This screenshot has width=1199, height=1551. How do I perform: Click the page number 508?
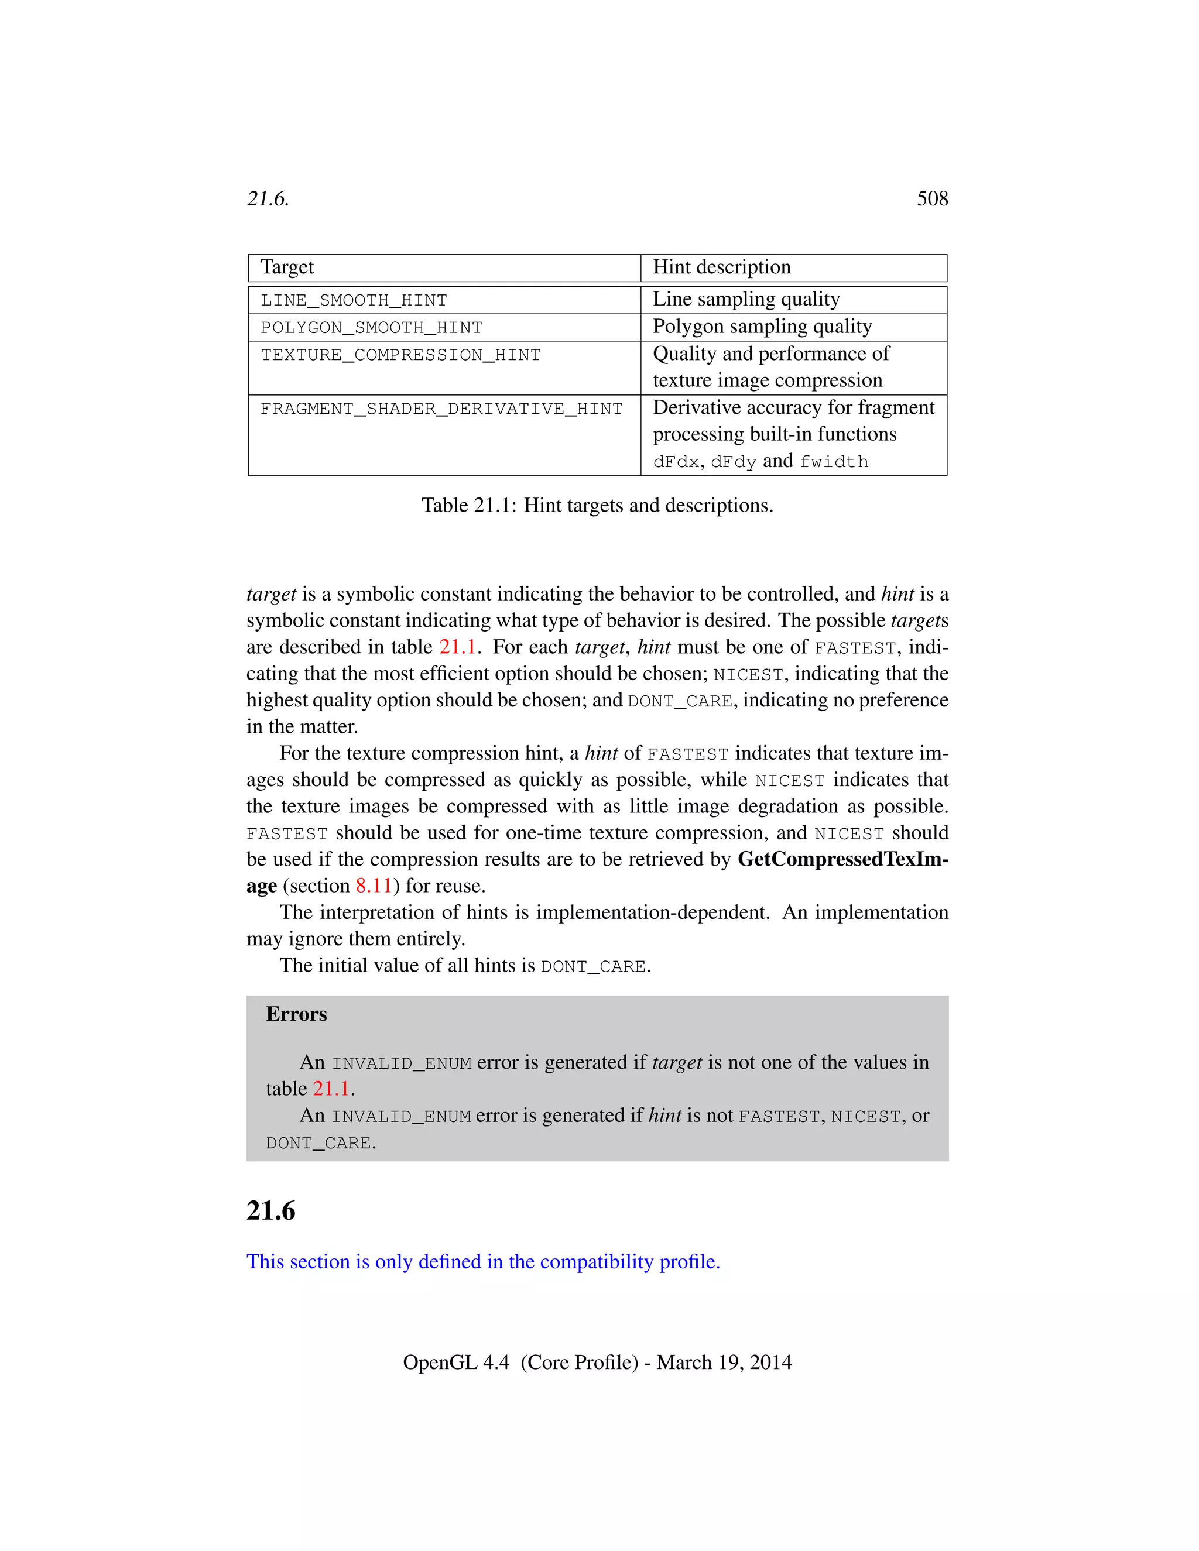[x=932, y=199]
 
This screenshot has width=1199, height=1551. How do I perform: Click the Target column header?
[x=287, y=267]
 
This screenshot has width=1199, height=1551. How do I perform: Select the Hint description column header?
[x=722, y=267]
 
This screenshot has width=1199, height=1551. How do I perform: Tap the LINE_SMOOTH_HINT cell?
[x=354, y=300]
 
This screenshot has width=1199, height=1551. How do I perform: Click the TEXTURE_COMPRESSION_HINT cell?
[x=400, y=355]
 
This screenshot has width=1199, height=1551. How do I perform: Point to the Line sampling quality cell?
[x=746, y=299]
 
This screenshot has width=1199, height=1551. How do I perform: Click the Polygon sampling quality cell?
[x=762, y=327]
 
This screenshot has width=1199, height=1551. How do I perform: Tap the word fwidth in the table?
[x=834, y=462]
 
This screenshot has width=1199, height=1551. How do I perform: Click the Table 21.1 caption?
[x=597, y=505]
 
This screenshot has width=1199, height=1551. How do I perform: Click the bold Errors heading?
[x=296, y=1014]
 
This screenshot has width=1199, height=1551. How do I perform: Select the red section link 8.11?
[x=374, y=886]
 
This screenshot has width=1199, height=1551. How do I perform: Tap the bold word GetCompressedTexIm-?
[x=842, y=859]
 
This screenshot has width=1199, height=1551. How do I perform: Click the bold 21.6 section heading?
[x=270, y=1211]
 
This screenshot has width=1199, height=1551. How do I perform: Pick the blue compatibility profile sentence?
[x=483, y=1262]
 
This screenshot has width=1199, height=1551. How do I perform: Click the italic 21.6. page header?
[x=268, y=199]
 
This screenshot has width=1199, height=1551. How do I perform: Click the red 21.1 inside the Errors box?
[x=331, y=1089]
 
